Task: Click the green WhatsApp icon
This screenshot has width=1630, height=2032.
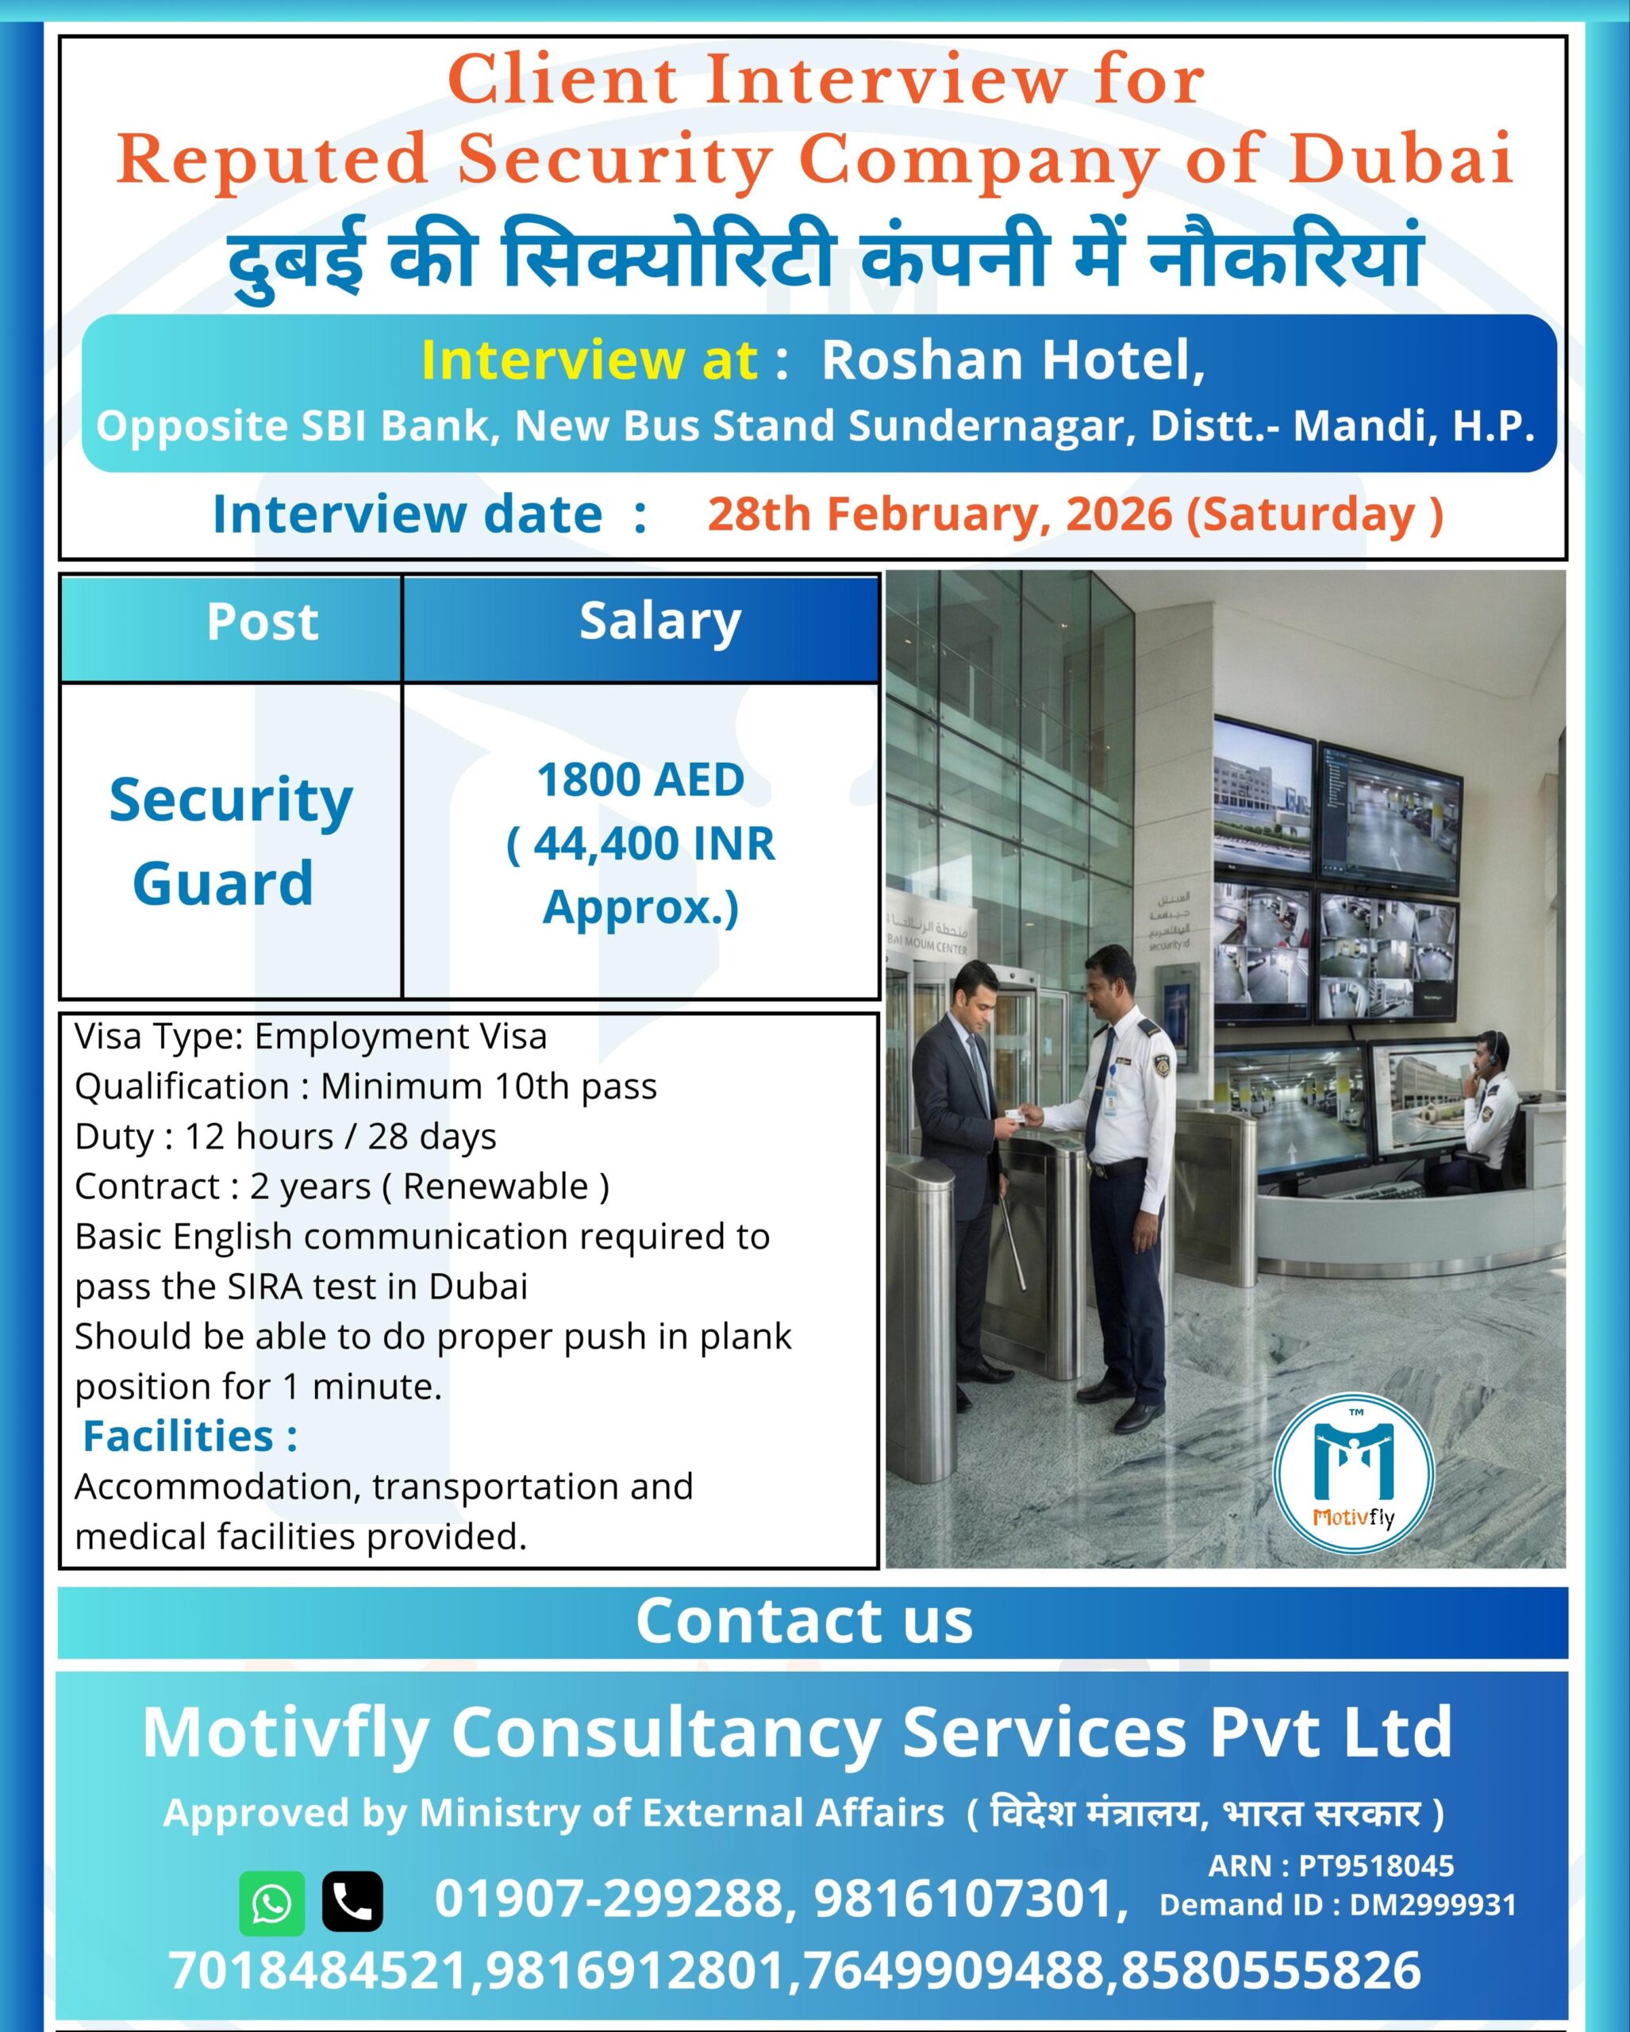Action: click(x=272, y=1903)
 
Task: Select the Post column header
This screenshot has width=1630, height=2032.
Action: click(x=263, y=622)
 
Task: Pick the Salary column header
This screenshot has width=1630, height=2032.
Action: click(x=660, y=623)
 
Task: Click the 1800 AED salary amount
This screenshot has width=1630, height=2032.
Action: click(x=640, y=780)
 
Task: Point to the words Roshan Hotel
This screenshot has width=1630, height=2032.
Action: click(x=1013, y=360)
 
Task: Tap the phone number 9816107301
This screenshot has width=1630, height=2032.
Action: click(x=971, y=1899)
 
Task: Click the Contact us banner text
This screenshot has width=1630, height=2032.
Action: click(x=804, y=1620)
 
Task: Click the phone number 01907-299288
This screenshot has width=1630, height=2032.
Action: click(x=609, y=1899)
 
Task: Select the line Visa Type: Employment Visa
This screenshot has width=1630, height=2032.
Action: click(x=311, y=1037)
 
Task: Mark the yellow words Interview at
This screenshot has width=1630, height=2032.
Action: click(x=589, y=360)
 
